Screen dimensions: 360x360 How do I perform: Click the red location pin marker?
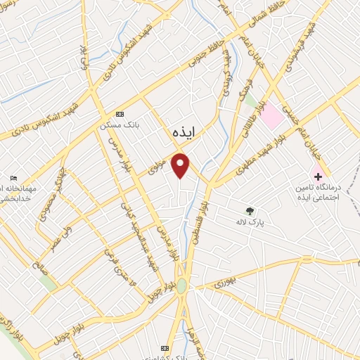point(181,165)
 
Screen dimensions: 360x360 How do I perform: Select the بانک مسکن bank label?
point(120,124)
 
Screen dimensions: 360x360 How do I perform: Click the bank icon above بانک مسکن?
point(120,114)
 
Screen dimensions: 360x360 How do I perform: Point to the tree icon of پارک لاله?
point(250,210)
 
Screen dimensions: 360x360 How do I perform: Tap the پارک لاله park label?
point(250,221)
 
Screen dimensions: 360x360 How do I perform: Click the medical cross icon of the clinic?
point(318,175)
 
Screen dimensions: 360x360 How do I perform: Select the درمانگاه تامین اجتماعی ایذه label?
point(325,192)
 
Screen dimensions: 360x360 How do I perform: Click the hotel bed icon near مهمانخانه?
point(13,178)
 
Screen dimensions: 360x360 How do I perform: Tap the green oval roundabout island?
point(182,286)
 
